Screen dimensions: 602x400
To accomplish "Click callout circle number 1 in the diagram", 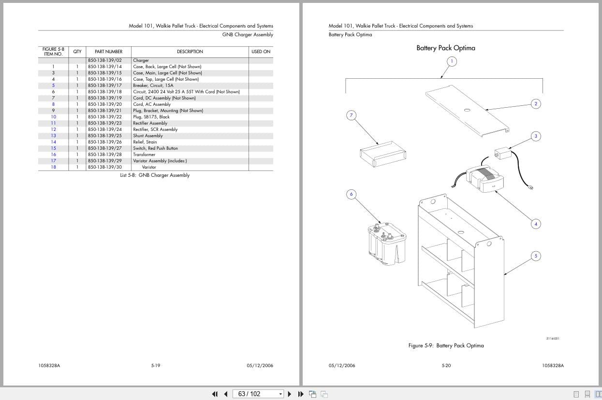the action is click(452, 61).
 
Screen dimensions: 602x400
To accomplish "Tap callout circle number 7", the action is click(351, 115).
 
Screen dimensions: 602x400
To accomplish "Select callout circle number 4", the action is click(536, 224).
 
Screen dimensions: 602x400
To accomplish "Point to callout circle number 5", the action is click(536, 256).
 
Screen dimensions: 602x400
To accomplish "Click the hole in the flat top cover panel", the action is click(467, 110).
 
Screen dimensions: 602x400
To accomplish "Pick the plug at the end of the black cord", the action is click(531, 187).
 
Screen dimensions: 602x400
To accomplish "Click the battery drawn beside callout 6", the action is click(387, 244).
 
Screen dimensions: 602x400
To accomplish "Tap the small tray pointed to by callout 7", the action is click(383, 154).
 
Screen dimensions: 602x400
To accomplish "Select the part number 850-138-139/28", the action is click(105, 155).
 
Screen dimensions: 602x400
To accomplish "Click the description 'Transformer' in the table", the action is click(144, 155).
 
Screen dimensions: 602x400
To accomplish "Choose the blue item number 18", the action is click(54, 167).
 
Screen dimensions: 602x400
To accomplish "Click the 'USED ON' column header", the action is click(261, 52).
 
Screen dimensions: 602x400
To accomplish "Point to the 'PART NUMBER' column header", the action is click(109, 52).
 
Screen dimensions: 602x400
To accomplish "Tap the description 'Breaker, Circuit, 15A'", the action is click(153, 86).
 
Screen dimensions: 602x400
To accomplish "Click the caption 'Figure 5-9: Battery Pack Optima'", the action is click(446, 345).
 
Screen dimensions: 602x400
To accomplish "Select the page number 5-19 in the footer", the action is click(156, 365).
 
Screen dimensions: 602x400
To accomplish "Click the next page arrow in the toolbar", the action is click(290, 394).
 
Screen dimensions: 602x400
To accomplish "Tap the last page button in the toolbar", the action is click(301, 394).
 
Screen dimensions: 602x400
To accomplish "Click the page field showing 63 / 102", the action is click(258, 394).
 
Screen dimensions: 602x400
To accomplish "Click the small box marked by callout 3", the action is click(503, 154).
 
